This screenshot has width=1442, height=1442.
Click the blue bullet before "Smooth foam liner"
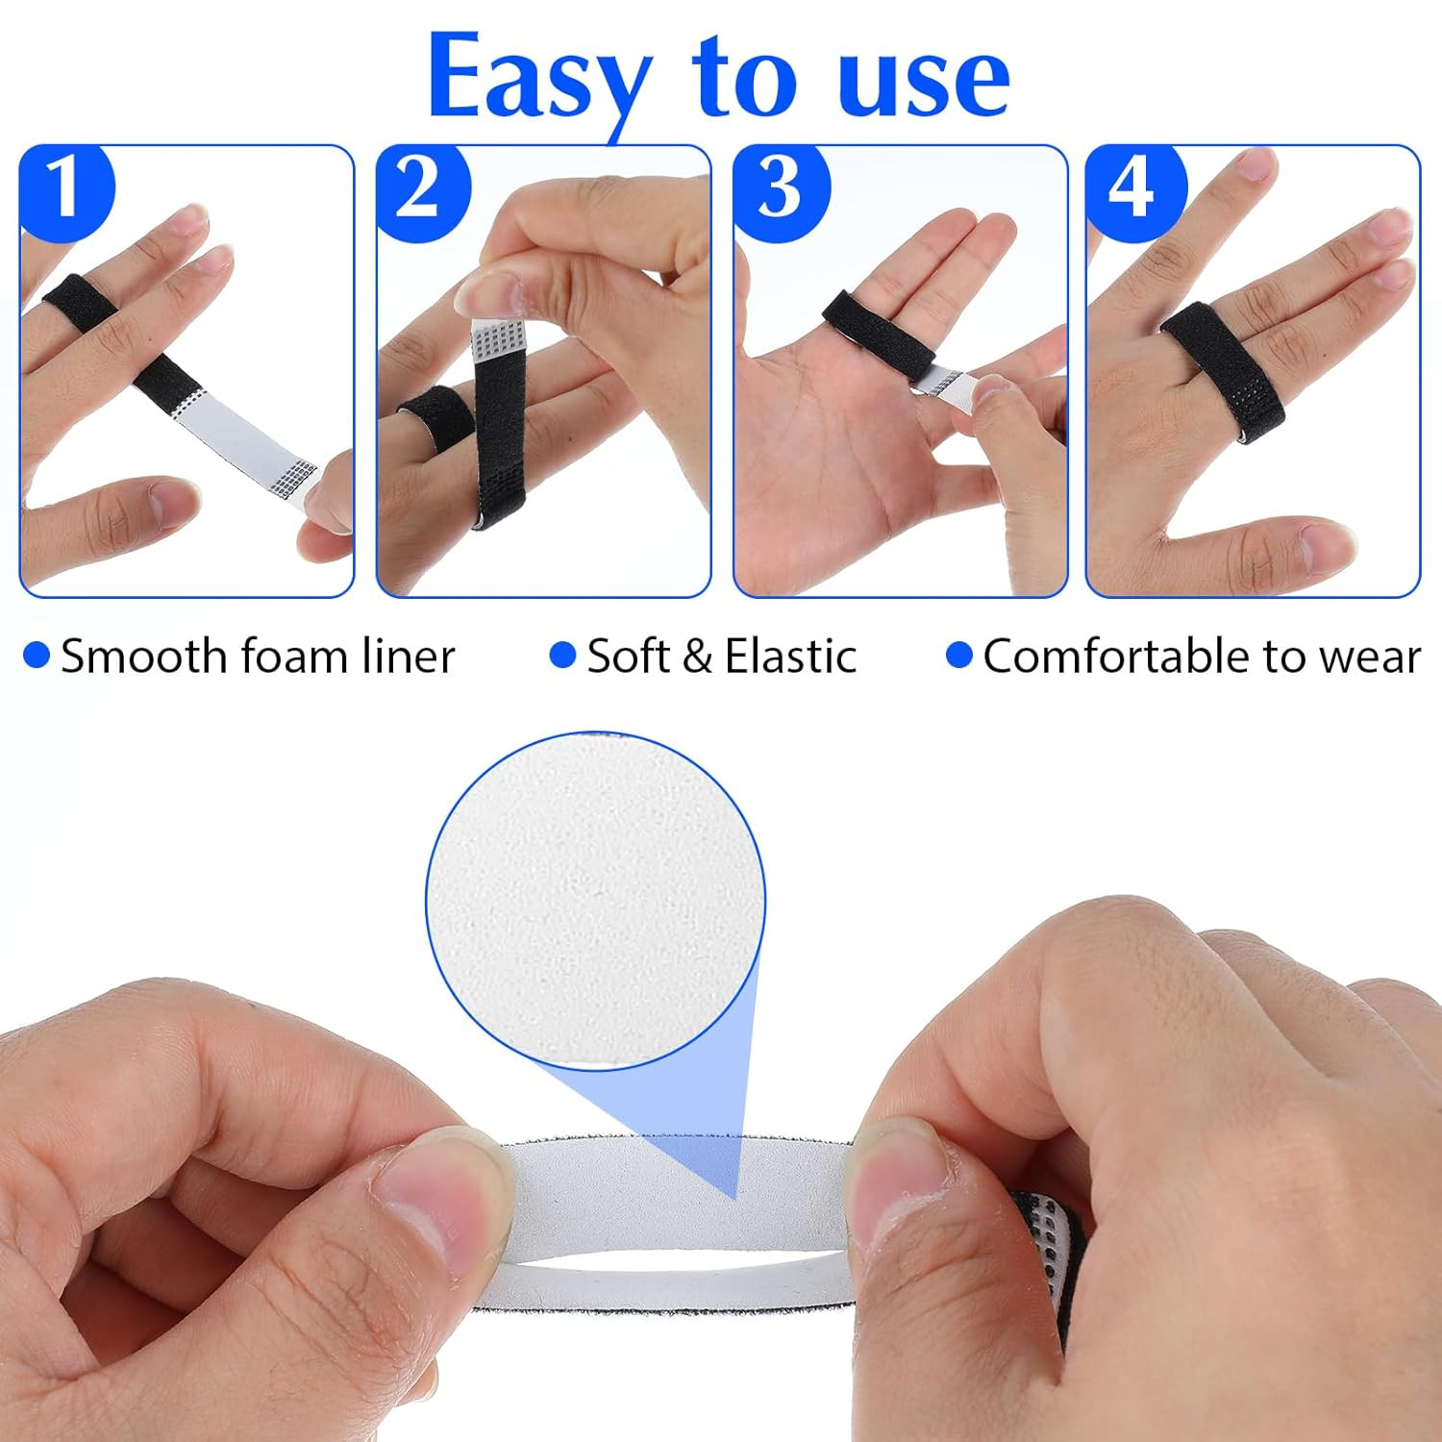pyautogui.click(x=37, y=656)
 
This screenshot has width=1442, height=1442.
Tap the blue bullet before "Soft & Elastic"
pyautogui.click(x=562, y=656)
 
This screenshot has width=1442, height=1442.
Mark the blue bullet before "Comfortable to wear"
pyautogui.click(x=959, y=656)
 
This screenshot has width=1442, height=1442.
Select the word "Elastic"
pyautogui.click(x=790, y=656)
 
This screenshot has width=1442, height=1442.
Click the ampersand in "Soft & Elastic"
pyautogui.click(x=697, y=657)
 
